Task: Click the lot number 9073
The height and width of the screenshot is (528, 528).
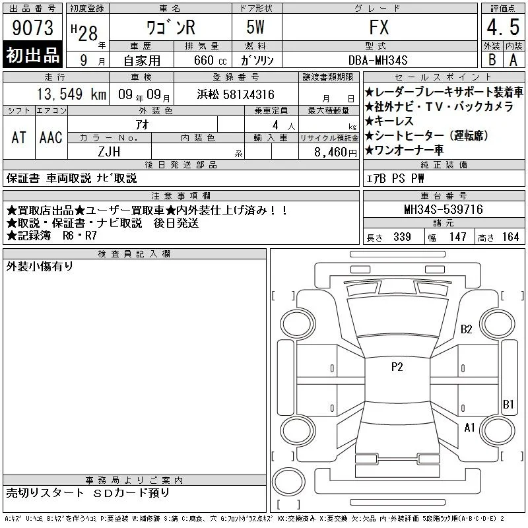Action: [x=32, y=28]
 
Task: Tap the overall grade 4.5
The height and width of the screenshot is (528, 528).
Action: [x=503, y=27]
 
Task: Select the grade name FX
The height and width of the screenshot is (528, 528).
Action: [x=379, y=27]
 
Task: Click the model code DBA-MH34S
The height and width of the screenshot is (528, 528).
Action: [x=378, y=60]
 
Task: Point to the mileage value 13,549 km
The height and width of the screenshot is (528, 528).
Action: [x=71, y=94]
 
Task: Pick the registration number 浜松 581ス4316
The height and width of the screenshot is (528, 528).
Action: [x=236, y=94]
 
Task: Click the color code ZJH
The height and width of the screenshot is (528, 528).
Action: [x=109, y=152]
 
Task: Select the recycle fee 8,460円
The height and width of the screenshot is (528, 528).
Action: [x=335, y=152]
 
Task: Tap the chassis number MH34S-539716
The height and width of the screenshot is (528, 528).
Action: [x=444, y=209]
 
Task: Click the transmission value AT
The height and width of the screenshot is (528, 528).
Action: [x=19, y=137]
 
